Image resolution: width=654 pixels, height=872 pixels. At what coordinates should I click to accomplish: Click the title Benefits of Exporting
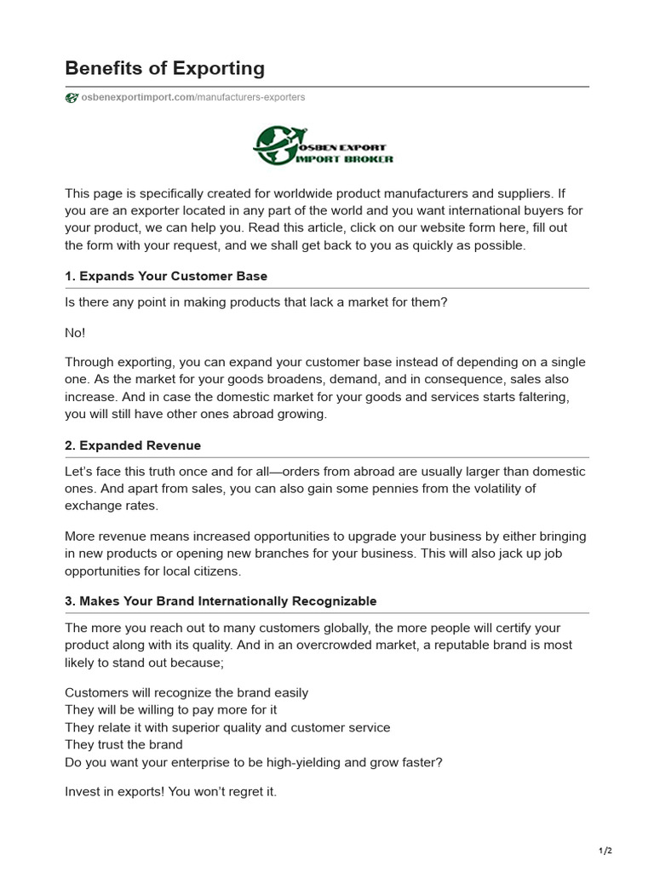(165, 68)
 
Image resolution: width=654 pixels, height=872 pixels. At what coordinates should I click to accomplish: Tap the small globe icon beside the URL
(72, 97)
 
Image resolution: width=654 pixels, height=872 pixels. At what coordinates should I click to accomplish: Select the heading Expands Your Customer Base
(166, 277)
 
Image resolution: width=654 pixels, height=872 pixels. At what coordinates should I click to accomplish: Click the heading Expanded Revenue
(133, 445)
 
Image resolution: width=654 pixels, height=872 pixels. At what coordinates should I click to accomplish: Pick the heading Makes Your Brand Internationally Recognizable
(221, 601)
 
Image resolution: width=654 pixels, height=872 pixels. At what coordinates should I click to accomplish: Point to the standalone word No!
(75, 332)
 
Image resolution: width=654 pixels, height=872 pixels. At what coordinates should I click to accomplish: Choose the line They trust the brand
(123, 744)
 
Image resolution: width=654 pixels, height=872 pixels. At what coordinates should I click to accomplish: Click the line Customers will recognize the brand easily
(186, 693)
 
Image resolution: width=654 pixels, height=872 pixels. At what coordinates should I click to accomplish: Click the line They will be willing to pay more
(171, 710)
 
